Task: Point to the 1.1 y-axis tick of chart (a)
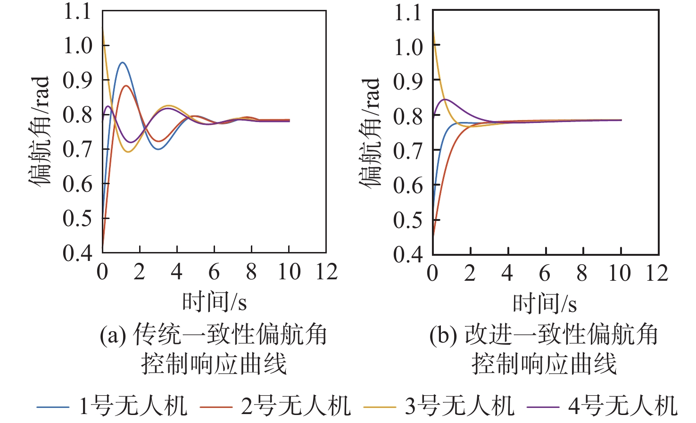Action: (x=77, y=12)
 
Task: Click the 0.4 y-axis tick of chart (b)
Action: (x=408, y=255)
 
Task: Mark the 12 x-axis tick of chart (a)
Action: (x=326, y=272)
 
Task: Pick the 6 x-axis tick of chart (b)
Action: (x=545, y=273)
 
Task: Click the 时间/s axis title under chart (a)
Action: (x=215, y=302)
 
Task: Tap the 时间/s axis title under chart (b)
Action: (x=545, y=303)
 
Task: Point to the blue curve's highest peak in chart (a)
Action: (x=123, y=62)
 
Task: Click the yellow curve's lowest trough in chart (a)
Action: (x=128, y=152)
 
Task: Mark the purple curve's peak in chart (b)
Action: (x=445, y=99)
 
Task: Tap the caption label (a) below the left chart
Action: (x=113, y=335)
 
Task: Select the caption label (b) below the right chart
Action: (x=443, y=335)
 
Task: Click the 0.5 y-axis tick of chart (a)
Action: (x=77, y=219)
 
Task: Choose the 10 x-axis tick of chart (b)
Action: (x=620, y=273)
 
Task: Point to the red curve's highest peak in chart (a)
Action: (x=126, y=86)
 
